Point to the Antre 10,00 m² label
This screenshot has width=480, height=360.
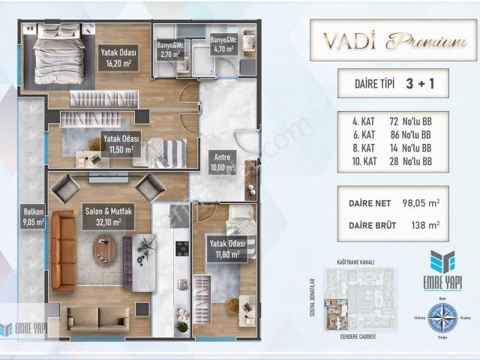point(223,163)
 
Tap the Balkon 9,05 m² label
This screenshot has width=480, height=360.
point(34,217)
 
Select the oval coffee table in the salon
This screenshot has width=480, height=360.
point(104,249)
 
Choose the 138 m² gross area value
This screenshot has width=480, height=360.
point(424,223)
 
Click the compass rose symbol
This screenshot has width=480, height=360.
point(442,317)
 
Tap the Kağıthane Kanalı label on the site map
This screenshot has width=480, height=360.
point(356,262)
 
